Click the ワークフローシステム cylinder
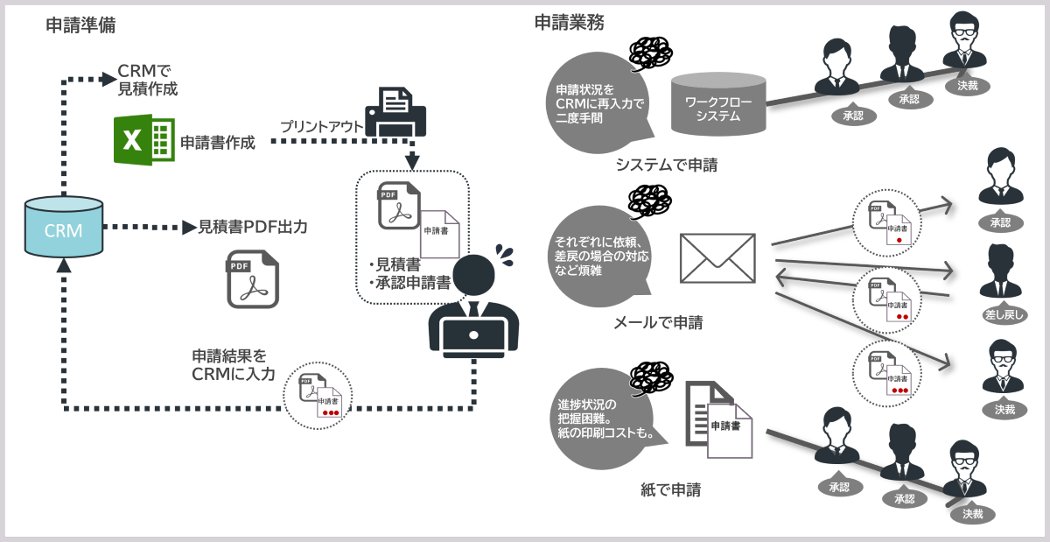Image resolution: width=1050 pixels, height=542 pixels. [x=717, y=104]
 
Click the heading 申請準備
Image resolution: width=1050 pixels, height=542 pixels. [x=80, y=25]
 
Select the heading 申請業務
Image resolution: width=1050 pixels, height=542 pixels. [x=569, y=24]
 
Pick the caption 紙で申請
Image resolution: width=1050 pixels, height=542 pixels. [x=670, y=489]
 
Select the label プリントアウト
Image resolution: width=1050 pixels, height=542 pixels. [x=321, y=127]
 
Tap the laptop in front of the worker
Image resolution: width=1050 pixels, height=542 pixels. [x=473, y=339]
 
